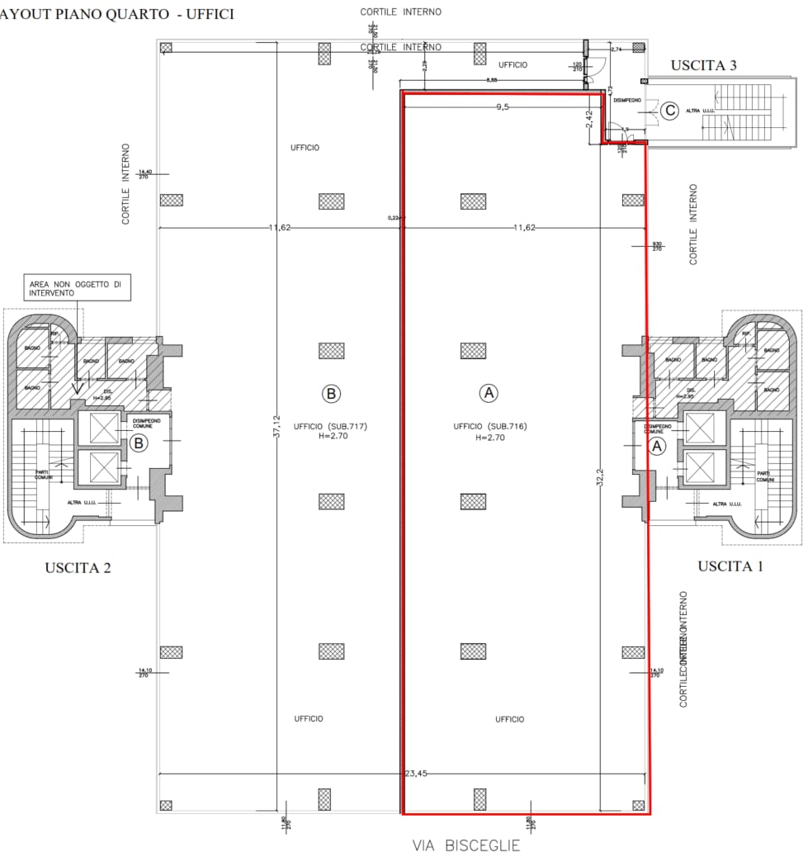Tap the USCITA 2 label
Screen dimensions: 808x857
pos(78,567)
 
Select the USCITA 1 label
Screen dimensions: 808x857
pos(730,566)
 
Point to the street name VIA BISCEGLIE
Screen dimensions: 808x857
pos(466,845)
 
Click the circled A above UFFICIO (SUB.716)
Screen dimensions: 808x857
pos(489,393)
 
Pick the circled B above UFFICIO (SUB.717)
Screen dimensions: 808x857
pos(331,393)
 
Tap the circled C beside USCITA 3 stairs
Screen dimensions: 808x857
pos(670,110)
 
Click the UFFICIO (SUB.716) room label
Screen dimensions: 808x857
pos(489,427)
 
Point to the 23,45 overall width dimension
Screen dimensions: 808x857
pos(415,774)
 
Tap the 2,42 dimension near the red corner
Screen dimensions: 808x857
pos(589,120)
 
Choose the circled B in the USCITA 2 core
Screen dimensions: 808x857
pos(139,443)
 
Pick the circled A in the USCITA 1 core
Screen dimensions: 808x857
pos(658,446)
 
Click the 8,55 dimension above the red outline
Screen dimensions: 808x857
pos(492,80)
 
